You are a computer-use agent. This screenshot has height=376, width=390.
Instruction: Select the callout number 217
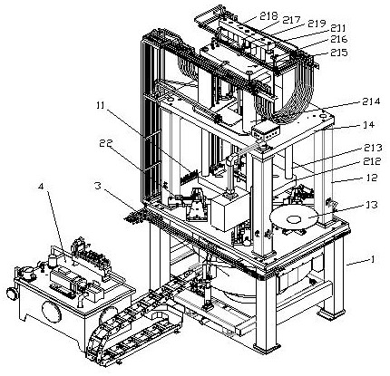pyautogui.click(x=291, y=20)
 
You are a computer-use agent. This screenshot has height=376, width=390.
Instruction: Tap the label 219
pyautogui.click(x=317, y=24)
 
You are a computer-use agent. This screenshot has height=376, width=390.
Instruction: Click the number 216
pyautogui.click(x=338, y=39)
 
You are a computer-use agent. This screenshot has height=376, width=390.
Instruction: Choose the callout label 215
pyautogui.click(x=339, y=53)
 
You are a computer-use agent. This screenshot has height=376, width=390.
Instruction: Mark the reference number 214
pyautogui.click(x=371, y=101)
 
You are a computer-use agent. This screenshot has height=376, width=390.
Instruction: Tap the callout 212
pyautogui.click(x=372, y=161)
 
